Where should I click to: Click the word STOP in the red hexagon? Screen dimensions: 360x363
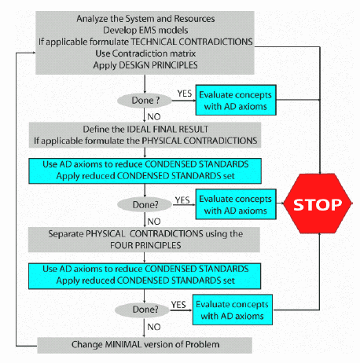(318, 204)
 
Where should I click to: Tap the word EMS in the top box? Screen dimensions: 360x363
(148, 30)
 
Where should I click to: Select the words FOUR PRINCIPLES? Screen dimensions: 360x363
(145, 245)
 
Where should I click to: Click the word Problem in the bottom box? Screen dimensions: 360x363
(202, 344)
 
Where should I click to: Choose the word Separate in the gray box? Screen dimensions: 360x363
(66, 234)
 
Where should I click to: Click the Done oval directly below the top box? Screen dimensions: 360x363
(145, 101)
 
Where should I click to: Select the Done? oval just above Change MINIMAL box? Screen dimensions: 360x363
(142, 310)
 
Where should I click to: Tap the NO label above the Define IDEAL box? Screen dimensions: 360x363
(154, 117)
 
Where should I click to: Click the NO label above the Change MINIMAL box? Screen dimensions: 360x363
(154, 327)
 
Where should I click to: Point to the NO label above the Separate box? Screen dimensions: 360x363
(154, 222)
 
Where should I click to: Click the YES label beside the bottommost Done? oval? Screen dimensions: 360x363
(178, 305)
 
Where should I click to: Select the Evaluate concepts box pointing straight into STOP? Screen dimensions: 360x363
(236, 204)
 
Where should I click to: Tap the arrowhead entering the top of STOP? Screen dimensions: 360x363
(320, 172)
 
